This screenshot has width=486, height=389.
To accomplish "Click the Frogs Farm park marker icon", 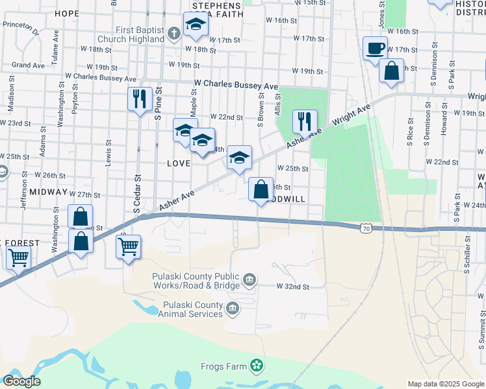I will tap(258, 366).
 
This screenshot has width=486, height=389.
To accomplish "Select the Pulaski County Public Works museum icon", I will tap(249, 280).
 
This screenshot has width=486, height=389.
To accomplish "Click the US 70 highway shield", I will tap(366, 228).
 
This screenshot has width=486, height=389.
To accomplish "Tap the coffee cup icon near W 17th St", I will tap(376, 49).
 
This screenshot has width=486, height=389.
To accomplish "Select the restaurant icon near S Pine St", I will tap(140, 99).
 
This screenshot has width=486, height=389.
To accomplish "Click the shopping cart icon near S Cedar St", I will tap(128, 246).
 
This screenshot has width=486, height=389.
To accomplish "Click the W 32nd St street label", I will tap(292, 286).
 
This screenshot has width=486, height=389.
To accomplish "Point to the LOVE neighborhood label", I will tap(179, 163).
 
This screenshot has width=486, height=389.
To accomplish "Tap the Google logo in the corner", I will tap(21, 381).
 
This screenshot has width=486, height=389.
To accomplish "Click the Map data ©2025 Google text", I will tap(445, 384).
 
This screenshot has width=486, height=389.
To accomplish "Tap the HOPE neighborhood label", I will tap(67, 13).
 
